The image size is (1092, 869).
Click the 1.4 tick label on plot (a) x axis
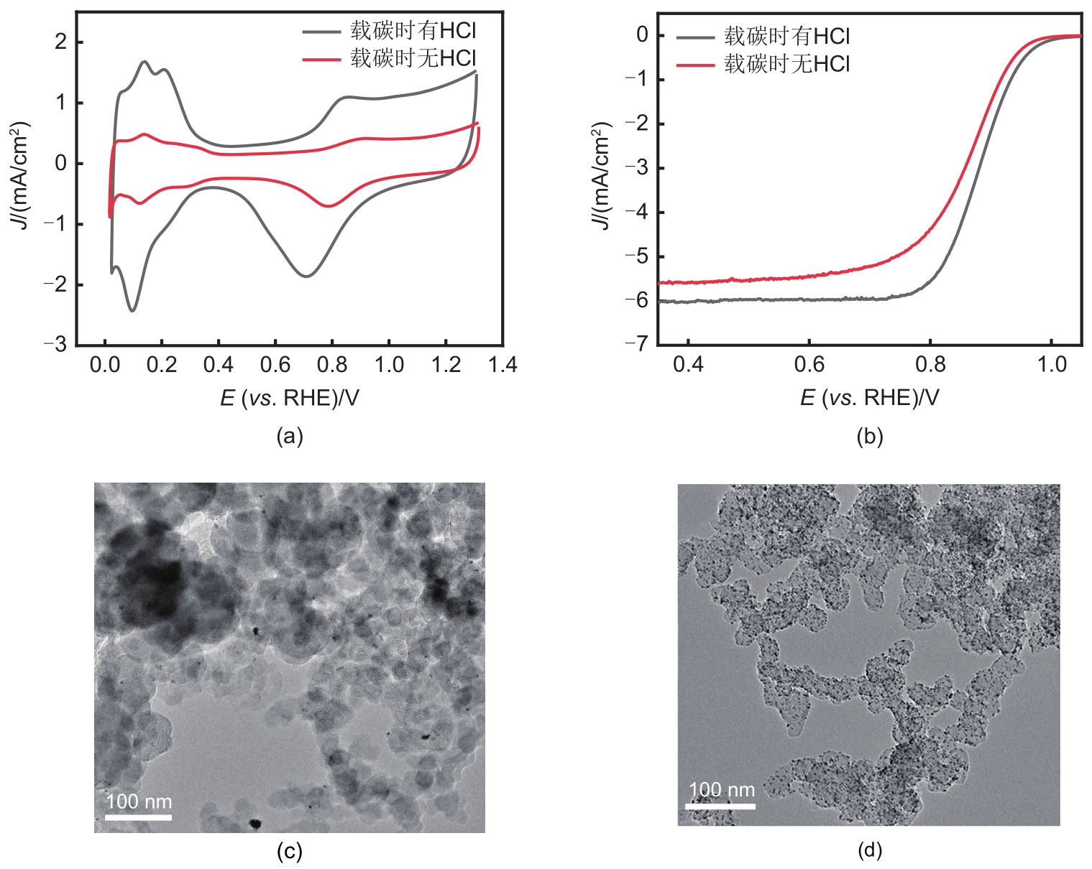(x=503, y=365)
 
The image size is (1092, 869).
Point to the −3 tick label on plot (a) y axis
(x=55, y=345)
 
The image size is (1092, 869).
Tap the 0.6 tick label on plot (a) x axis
(x=275, y=365)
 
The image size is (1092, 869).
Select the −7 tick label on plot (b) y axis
(x=636, y=344)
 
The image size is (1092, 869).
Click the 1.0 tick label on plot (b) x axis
(x=1052, y=364)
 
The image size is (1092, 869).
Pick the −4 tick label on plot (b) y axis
(x=636, y=213)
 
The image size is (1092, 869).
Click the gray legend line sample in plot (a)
(x=321, y=32)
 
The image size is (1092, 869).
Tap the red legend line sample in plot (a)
(x=321, y=59)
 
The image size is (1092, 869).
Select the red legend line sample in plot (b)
(x=695, y=65)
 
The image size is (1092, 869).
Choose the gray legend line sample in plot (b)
(x=695, y=37)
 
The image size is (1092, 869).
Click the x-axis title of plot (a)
(x=289, y=398)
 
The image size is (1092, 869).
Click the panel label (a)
(x=290, y=436)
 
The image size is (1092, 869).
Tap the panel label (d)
(x=870, y=851)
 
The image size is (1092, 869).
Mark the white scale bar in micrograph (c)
(x=139, y=817)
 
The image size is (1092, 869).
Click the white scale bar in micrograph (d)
(x=720, y=806)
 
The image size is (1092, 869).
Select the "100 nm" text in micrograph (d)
(x=722, y=790)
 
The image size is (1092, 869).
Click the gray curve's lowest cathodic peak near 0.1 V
(x=132, y=310)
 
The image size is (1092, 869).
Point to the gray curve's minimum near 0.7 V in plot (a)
(x=306, y=276)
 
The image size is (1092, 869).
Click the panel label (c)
(x=290, y=852)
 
